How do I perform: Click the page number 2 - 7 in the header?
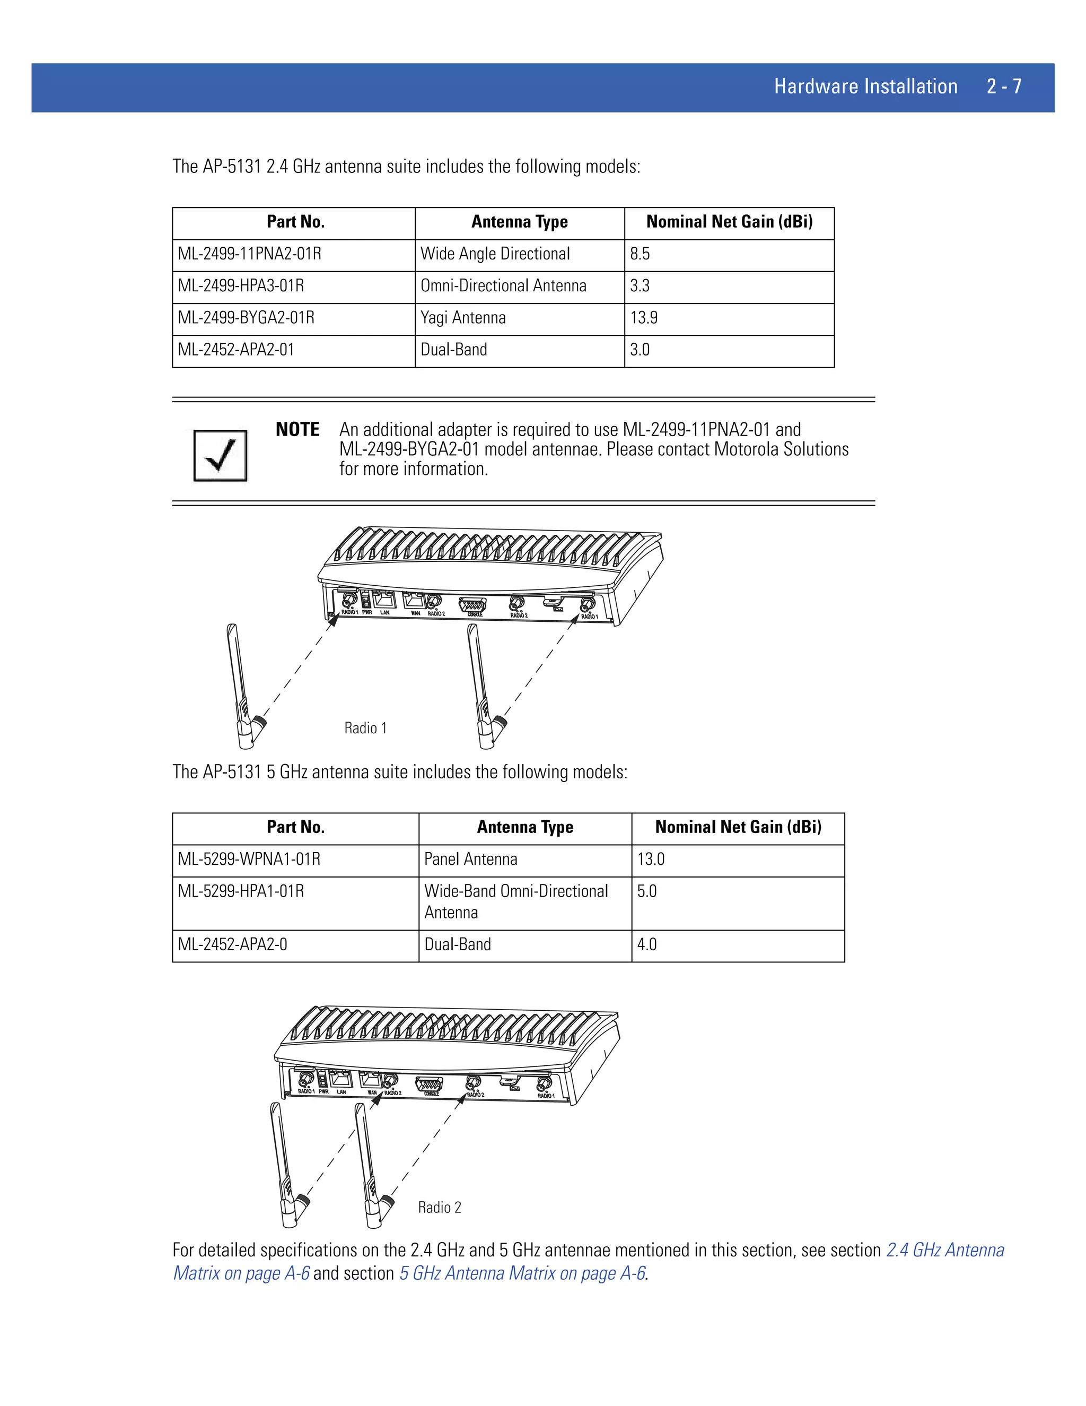tap(1004, 86)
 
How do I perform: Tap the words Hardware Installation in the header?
tap(865, 86)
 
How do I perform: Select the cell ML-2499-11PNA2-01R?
tap(250, 254)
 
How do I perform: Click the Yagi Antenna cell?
tap(463, 318)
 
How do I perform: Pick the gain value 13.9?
tap(644, 318)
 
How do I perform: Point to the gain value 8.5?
tap(640, 254)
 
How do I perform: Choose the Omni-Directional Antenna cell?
tap(503, 286)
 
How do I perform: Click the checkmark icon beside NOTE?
tap(220, 455)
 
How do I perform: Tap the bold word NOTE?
tap(297, 429)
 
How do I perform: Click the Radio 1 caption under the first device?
tap(365, 728)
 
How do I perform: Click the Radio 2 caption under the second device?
tap(440, 1208)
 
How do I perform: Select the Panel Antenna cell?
tap(470, 860)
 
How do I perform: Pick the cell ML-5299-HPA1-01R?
tap(241, 892)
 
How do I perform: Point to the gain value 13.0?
tap(651, 860)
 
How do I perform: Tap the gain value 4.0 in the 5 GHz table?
tap(646, 944)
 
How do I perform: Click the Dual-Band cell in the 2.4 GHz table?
tap(453, 350)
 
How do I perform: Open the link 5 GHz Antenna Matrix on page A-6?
tap(522, 1273)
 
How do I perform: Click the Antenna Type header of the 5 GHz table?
tap(525, 827)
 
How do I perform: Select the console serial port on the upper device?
tap(473, 605)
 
